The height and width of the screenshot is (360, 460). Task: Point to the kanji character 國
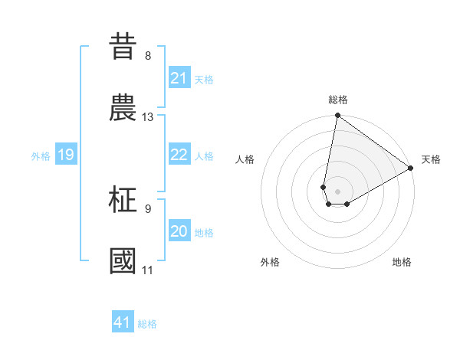click(x=124, y=260)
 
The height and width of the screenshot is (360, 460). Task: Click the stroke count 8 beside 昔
click(x=148, y=56)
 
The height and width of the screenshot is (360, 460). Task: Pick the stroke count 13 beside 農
click(x=148, y=117)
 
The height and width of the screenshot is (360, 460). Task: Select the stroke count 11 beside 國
click(x=148, y=270)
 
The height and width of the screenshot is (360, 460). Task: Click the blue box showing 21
click(x=179, y=78)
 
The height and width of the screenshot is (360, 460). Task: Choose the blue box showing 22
click(x=179, y=155)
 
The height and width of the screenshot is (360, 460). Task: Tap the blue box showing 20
click(x=179, y=231)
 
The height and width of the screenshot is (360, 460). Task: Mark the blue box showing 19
click(x=66, y=155)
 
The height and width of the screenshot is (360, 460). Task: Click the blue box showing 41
click(x=123, y=322)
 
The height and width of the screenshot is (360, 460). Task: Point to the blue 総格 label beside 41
click(x=147, y=324)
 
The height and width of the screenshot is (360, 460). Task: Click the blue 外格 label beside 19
click(x=41, y=156)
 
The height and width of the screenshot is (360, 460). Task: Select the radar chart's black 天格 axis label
click(x=431, y=159)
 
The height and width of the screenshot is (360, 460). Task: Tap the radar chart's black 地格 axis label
click(x=402, y=262)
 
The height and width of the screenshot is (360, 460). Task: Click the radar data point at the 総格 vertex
click(x=337, y=116)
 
